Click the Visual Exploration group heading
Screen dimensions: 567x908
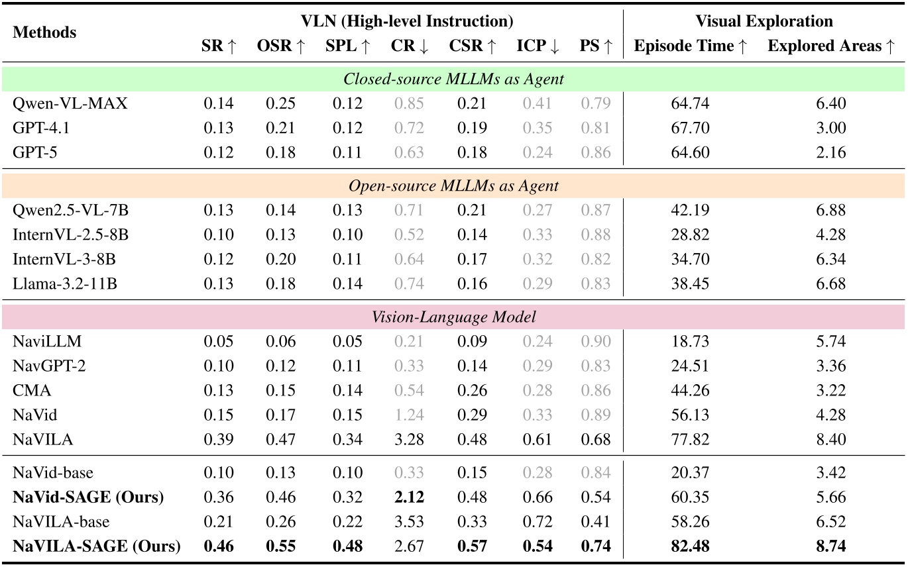pyautogui.click(x=764, y=21)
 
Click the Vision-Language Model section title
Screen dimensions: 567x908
pyautogui.click(x=453, y=317)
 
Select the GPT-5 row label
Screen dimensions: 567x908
pyautogui.click(x=33, y=152)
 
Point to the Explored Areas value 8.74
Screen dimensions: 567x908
pyautogui.click(x=831, y=547)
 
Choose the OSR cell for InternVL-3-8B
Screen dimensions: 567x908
pyautogui.click(x=280, y=259)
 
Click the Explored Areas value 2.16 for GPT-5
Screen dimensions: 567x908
pyautogui.click(x=831, y=152)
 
